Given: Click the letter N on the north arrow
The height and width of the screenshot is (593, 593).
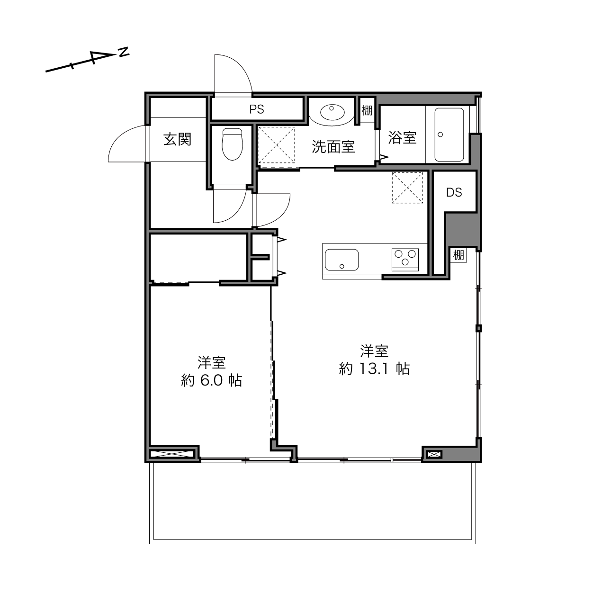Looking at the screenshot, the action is pyautogui.click(x=124, y=52).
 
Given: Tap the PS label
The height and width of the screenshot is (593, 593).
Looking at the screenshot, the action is pyautogui.click(x=257, y=109).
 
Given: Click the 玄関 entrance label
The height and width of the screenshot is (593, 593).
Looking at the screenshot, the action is pyautogui.click(x=177, y=139).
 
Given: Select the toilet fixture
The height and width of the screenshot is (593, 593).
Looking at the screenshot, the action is pyautogui.click(x=233, y=144).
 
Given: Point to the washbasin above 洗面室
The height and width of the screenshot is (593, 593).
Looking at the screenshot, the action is pyautogui.click(x=332, y=112).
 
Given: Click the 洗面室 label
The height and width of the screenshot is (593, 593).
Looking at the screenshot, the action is pyautogui.click(x=333, y=147).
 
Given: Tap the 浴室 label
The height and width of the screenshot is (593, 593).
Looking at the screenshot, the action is pyautogui.click(x=402, y=137).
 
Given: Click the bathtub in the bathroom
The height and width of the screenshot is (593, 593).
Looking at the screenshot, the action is pyautogui.click(x=449, y=135).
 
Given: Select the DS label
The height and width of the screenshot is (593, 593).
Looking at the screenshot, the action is pyautogui.click(x=454, y=192).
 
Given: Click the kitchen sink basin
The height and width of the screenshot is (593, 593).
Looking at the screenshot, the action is pyautogui.click(x=341, y=260).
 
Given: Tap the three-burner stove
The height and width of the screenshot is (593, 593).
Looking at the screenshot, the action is pyautogui.click(x=405, y=260).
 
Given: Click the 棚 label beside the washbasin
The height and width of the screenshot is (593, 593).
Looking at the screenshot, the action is pyautogui.click(x=367, y=110).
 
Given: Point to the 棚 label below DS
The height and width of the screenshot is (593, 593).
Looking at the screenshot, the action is pyautogui.click(x=458, y=255).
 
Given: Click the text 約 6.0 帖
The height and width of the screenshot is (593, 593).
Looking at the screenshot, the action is pyautogui.click(x=212, y=381).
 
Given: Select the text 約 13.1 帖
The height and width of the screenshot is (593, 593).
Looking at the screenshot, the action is pyautogui.click(x=374, y=368).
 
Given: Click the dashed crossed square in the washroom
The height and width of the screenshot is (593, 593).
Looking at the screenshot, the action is pyautogui.click(x=276, y=145).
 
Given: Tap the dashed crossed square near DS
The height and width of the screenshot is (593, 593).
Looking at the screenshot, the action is pyautogui.click(x=407, y=188).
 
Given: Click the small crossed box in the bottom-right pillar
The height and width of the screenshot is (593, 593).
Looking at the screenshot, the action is pyautogui.click(x=434, y=454).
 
